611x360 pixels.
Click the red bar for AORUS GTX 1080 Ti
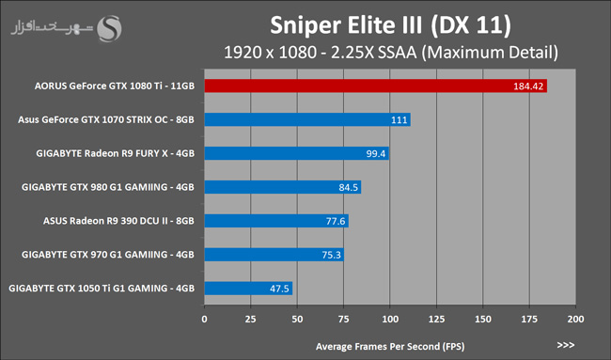(x=376, y=86)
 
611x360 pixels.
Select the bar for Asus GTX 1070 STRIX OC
(x=307, y=119)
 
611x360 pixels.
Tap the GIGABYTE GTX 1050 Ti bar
(x=248, y=289)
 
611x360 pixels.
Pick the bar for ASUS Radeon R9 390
(x=276, y=221)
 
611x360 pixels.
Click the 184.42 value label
(x=528, y=86)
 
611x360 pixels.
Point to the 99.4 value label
(x=376, y=153)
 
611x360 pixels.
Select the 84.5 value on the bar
(x=348, y=187)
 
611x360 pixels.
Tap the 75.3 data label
(x=331, y=255)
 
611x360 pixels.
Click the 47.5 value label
(x=279, y=289)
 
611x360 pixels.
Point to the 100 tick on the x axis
(x=390, y=319)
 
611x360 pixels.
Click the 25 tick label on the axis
(x=251, y=319)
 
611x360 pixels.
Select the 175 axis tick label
(x=529, y=319)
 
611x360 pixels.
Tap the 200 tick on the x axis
(x=575, y=319)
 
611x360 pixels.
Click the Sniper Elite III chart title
(x=390, y=25)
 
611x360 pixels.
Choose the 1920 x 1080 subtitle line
(x=391, y=53)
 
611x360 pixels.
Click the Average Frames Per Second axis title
(x=390, y=346)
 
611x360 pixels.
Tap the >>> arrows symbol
(x=566, y=345)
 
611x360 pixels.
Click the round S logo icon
(x=109, y=28)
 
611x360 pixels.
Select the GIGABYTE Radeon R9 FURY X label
(x=116, y=153)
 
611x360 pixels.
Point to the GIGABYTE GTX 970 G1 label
(x=108, y=255)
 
